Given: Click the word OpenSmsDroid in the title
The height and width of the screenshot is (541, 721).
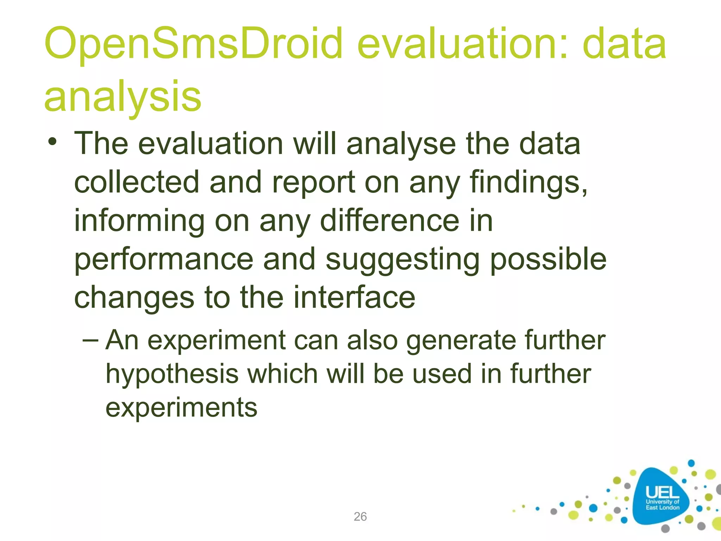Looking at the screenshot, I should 193,44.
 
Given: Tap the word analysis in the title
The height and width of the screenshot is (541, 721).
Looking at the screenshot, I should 123,96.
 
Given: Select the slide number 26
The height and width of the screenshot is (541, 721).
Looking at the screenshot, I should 360,516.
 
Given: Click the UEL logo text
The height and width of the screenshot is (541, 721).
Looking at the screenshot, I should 662,492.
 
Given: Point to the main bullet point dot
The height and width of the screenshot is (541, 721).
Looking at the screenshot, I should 52,142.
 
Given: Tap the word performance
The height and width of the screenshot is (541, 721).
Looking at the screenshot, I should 164,259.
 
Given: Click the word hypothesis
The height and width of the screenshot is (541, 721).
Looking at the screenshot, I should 172,374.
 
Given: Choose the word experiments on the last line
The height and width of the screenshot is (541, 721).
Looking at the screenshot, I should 181,408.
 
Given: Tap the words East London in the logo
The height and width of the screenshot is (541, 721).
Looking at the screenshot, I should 662,508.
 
